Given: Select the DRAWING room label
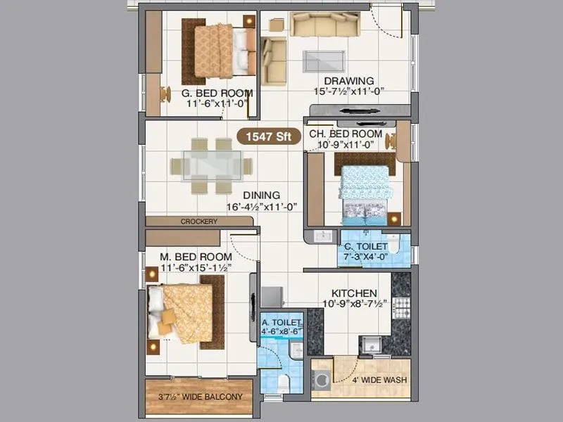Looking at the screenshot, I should point(349,80).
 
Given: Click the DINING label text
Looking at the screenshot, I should point(262,195).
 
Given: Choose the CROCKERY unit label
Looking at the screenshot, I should point(199,222).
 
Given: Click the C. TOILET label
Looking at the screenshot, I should point(365,247).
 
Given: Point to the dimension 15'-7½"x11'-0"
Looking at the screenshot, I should point(349,91).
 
